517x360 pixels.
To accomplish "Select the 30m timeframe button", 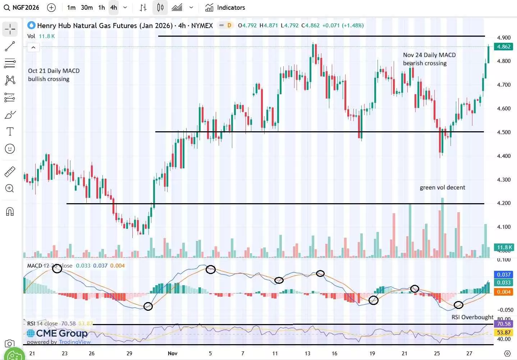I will coord(87,8).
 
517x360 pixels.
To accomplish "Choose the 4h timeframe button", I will coord(114,8).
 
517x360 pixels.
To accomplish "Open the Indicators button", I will coord(225,8).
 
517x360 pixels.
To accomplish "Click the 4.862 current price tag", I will coord(504,47).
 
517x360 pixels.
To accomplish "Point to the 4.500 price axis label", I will coord(504,132).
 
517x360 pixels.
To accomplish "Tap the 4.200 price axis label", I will coord(504,203).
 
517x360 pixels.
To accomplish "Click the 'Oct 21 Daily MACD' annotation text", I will coord(54,71).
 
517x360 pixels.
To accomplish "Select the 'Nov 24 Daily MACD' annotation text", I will coord(429,55).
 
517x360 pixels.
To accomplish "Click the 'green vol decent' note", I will coord(442,187).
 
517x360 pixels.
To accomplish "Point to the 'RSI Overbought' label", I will coord(472,317).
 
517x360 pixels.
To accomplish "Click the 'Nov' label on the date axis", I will coord(173,353).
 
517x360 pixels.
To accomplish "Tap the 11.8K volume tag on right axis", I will coord(504,247).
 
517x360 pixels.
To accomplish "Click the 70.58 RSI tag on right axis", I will coord(504,324).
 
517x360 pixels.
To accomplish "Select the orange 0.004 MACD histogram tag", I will coord(504,292).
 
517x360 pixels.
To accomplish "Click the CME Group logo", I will coord(58,333).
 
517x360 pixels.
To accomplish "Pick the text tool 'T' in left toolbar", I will coord(10,132).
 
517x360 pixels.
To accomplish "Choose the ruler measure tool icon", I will coord(10,172).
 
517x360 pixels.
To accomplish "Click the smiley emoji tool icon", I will coord(10,149).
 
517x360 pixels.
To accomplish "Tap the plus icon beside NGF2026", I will coord(51,8).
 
